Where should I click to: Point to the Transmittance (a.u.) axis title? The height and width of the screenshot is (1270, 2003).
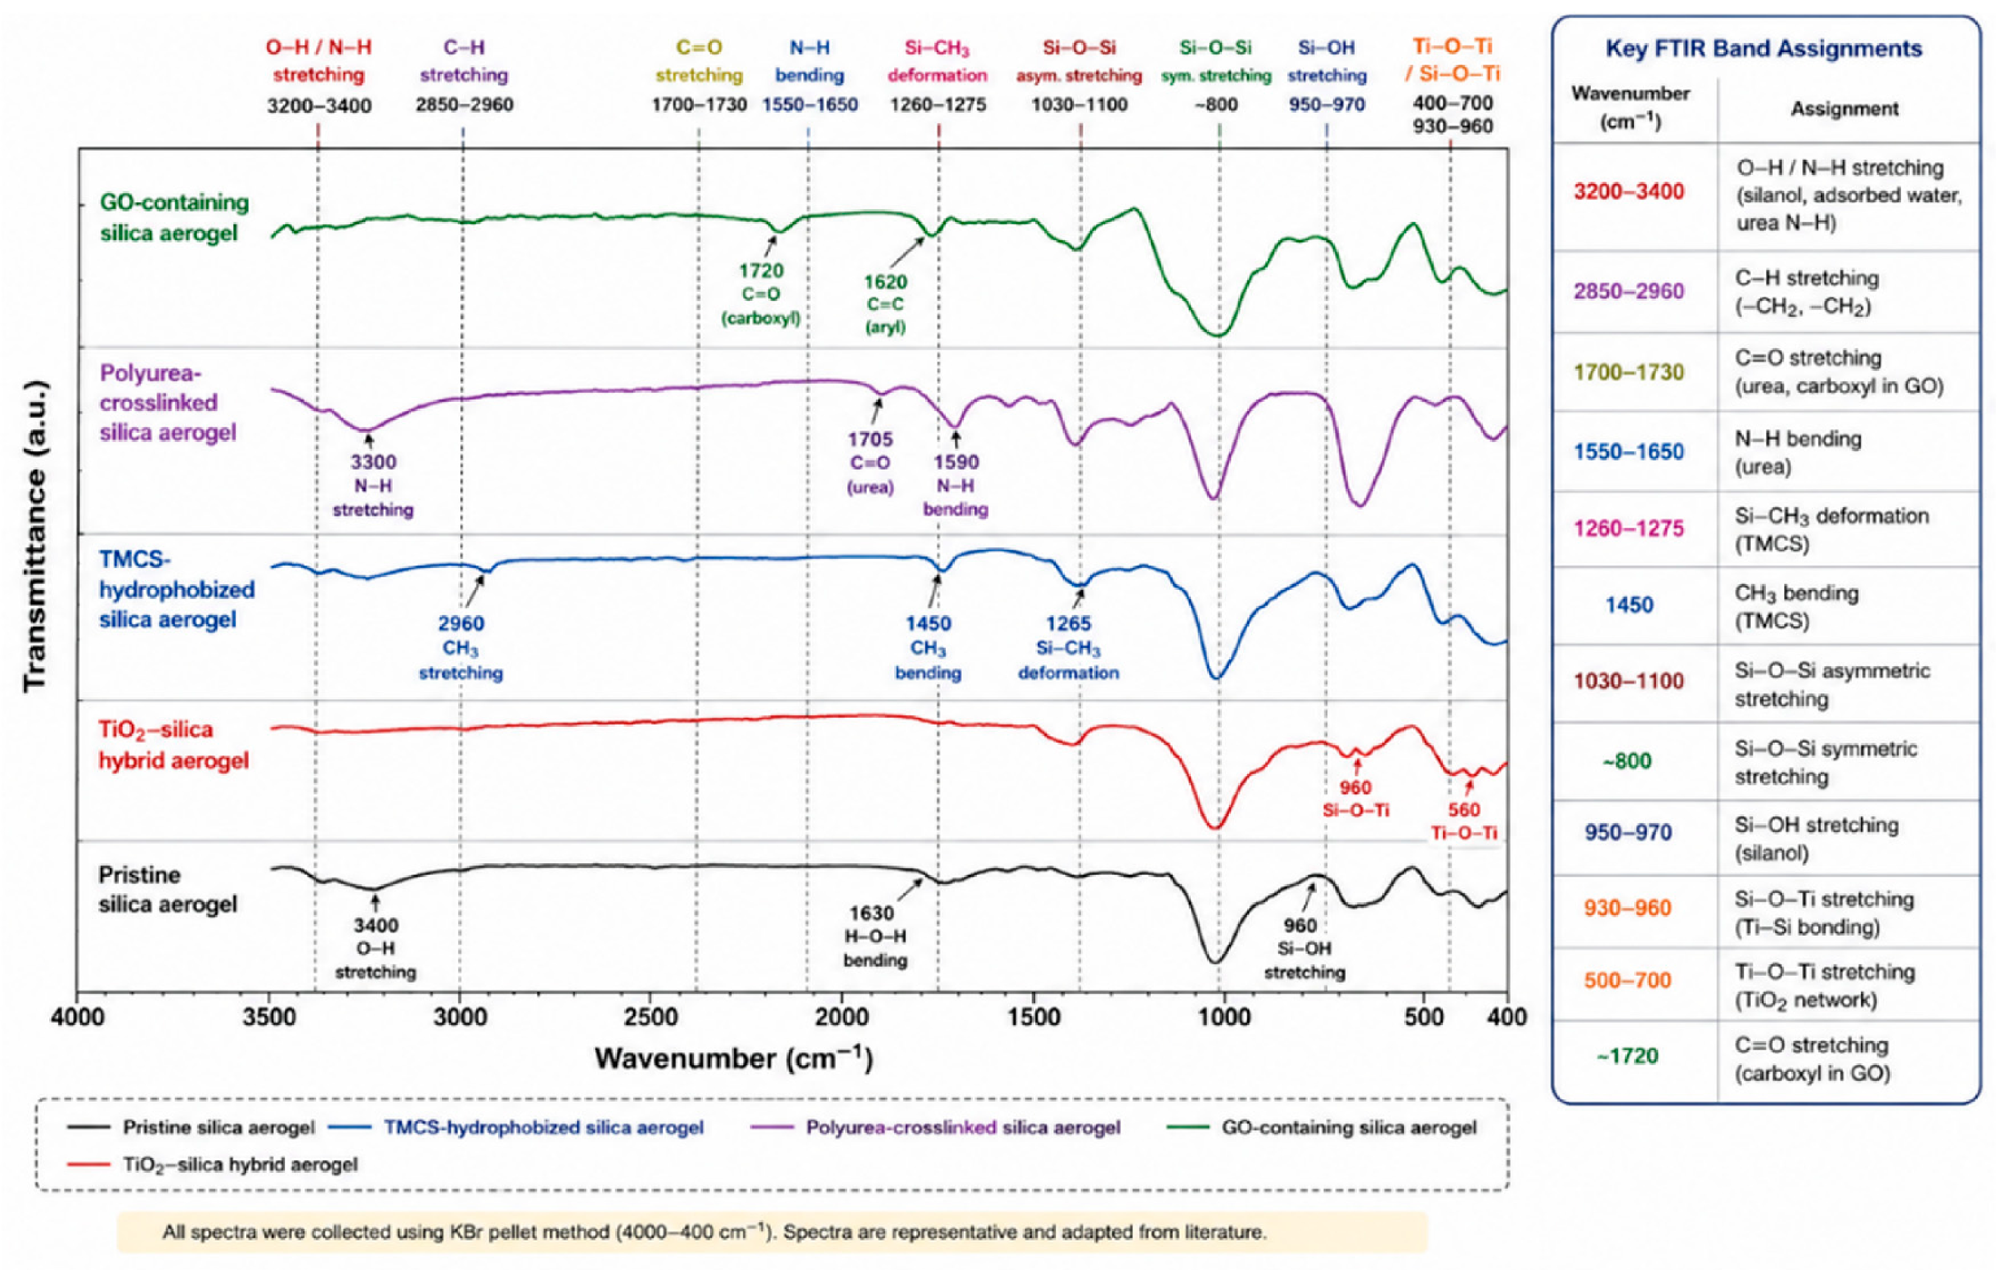[x=35, y=537]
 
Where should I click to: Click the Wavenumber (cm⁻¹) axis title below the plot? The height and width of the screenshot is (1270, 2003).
[x=734, y=1059]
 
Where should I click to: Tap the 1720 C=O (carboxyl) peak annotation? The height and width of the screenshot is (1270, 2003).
[x=761, y=295]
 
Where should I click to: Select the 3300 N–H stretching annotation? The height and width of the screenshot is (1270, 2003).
[x=372, y=486]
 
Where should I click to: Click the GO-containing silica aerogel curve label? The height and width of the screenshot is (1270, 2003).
[x=174, y=218]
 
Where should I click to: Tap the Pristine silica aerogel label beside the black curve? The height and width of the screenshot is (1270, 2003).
[x=167, y=889]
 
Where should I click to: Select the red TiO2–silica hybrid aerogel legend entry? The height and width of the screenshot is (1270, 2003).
[x=213, y=1164]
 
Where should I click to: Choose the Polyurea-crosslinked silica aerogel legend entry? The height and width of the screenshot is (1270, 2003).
[x=935, y=1128]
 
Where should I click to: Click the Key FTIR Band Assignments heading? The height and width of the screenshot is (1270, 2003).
[x=1763, y=48]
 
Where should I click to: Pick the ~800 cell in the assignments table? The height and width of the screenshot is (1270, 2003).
[x=1627, y=761]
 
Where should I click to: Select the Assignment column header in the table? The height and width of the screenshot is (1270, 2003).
[x=1844, y=109]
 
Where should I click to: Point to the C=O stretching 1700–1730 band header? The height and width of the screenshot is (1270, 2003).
[x=698, y=75]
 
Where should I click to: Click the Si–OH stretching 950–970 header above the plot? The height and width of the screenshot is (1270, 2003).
[x=1327, y=75]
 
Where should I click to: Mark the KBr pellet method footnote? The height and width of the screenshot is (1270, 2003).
[x=714, y=1232]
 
